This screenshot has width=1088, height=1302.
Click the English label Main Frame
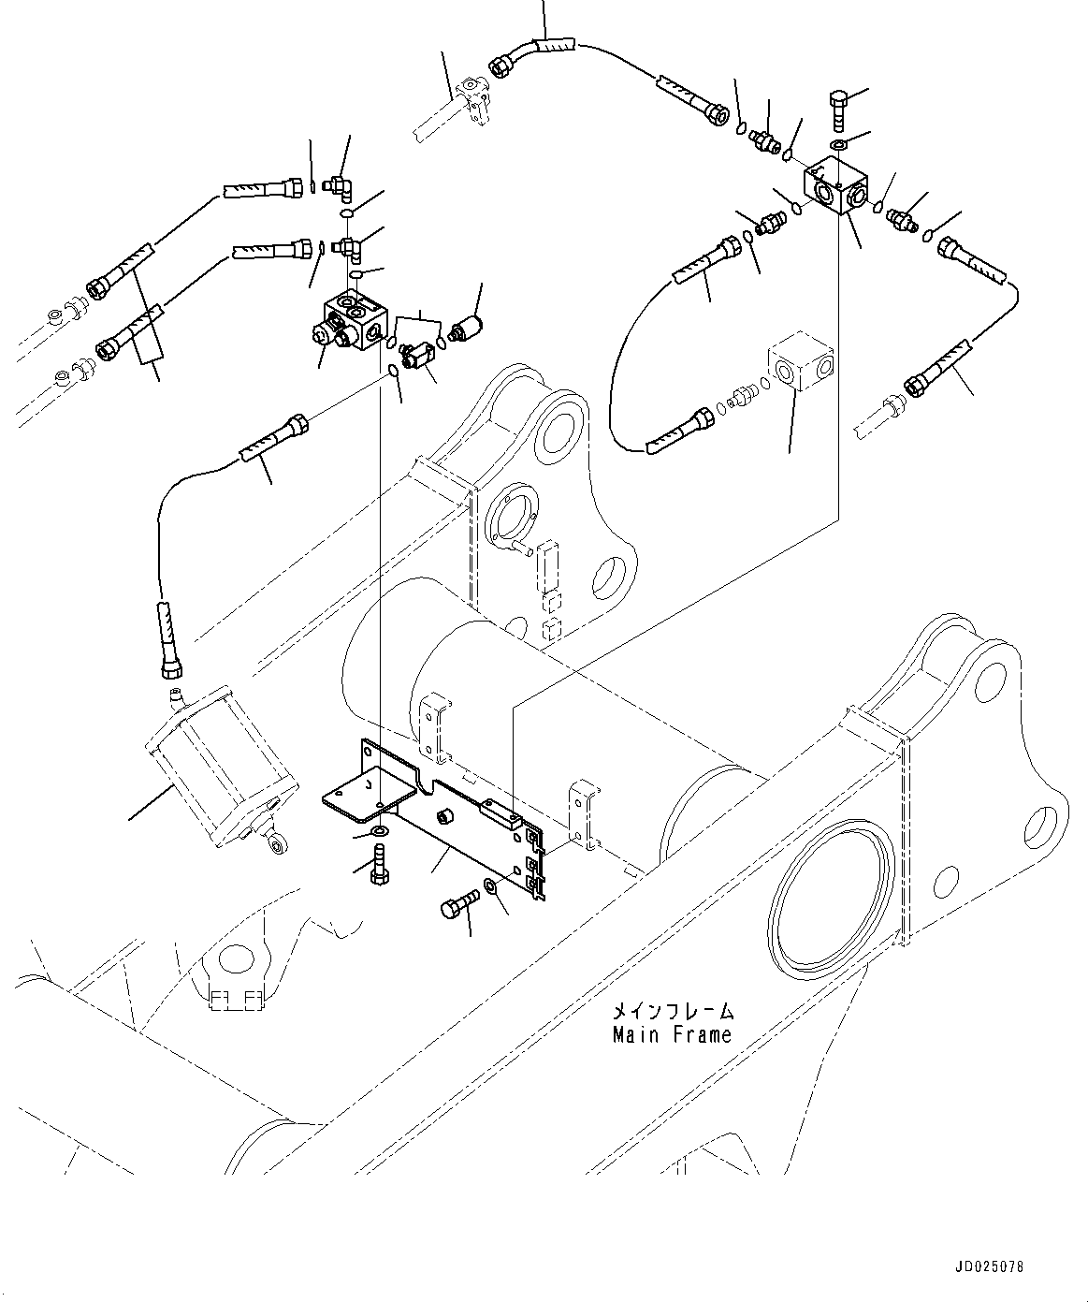pyautogui.click(x=672, y=1035)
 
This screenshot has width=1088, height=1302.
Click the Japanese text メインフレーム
pyautogui.click(x=672, y=1012)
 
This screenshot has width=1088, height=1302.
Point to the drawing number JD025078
pyautogui.click(x=990, y=1266)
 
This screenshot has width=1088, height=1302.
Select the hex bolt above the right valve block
pyautogui.click(x=838, y=110)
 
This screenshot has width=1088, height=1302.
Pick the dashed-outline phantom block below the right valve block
pyautogui.click(x=800, y=364)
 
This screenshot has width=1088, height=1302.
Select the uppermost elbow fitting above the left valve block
pyautogui.click(x=336, y=188)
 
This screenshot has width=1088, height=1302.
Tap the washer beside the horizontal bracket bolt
pyautogui.click(x=490, y=885)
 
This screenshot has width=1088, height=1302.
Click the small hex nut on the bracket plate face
pyautogui.click(x=446, y=816)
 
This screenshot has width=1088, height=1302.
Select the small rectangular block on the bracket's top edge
pyautogui.click(x=500, y=811)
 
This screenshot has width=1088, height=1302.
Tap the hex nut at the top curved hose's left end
pyautogui.click(x=500, y=66)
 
